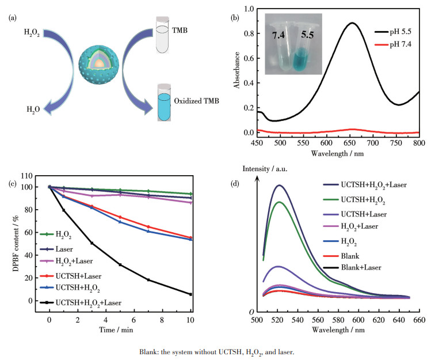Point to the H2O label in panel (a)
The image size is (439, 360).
[32, 108]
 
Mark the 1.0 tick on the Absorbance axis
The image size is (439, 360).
[249, 9]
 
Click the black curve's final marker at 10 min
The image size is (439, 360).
[190, 294]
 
